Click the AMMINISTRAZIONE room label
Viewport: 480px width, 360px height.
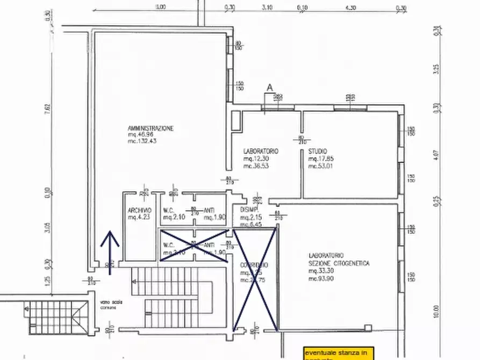(150, 128)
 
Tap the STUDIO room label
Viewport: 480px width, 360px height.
(318, 152)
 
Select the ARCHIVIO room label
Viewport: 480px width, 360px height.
(139, 210)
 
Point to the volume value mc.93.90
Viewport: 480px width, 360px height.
(321, 278)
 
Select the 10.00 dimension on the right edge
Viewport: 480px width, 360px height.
(435, 312)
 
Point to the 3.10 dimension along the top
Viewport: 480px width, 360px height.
(267, 8)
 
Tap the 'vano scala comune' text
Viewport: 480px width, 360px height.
(110, 304)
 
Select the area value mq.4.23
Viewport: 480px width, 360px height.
(139, 217)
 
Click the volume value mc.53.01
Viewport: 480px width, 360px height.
(321, 166)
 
